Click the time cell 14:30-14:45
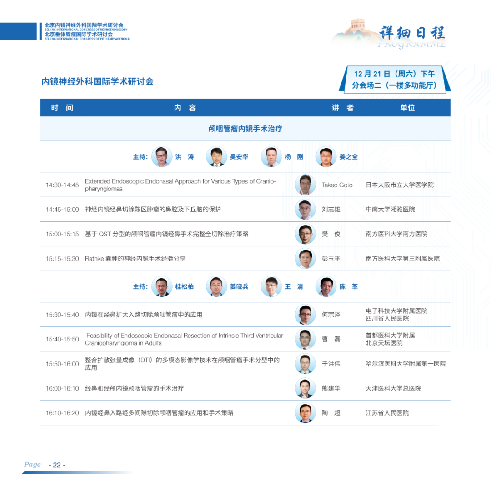pyautogui.click(x=62, y=185)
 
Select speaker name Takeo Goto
pyautogui.click(x=337, y=185)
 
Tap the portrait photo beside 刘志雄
pyautogui.click(x=305, y=209)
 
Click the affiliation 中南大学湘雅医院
pyautogui.click(x=390, y=209)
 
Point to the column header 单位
pyautogui.click(x=407, y=108)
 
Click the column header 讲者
pyautogui.click(x=343, y=108)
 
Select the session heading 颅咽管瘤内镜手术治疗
pyautogui.click(x=245, y=129)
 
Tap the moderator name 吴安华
pyautogui.click(x=239, y=156)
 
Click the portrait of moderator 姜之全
pyautogui.click(x=326, y=156)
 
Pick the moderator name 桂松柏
pyautogui.click(x=184, y=286)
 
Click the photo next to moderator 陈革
pyautogui.click(x=326, y=286)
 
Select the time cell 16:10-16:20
pyautogui.click(x=62, y=413)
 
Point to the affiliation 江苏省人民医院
pyautogui.click(x=387, y=413)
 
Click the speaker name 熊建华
pyautogui.click(x=331, y=388)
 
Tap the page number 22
pyautogui.click(x=57, y=465)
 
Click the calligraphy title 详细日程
pyautogui.click(x=412, y=33)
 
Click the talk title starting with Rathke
pyautogui.click(x=135, y=258)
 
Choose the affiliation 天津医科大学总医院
pyautogui.click(x=393, y=388)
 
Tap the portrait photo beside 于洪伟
pyautogui.click(x=305, y=364)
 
